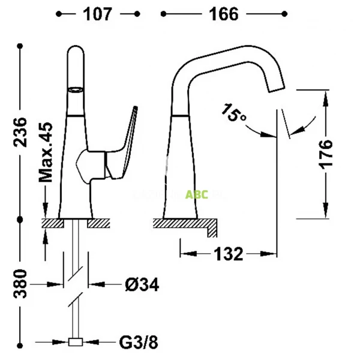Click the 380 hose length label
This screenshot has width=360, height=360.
pos(21,284)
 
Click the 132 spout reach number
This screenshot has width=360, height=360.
pos(229,254)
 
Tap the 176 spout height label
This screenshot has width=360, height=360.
pos(325,155)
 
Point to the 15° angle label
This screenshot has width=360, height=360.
pos(234,113)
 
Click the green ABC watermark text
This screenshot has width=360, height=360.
pos(197,194)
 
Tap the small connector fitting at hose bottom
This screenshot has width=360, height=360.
pos(76,343)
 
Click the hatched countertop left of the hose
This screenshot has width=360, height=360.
pos(53,224)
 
